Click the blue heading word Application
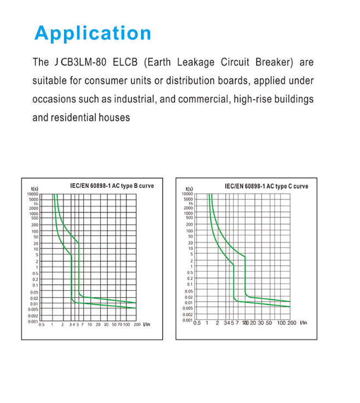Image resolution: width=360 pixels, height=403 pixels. click(92, 33)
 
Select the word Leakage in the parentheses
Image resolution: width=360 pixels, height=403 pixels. click(198, 62)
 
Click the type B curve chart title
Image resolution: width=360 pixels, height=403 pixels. click(112, 186)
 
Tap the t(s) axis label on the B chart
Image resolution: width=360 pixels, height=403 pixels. click(34, 189)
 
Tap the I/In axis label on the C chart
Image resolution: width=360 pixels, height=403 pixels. click(303, 323)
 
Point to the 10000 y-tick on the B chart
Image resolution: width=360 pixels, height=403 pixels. click(33, 194)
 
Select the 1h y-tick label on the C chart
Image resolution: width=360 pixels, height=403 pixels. click(189, 203)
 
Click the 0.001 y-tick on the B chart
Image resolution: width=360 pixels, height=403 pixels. click(33, 321)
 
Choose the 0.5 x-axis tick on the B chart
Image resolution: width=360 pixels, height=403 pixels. click(41, 325)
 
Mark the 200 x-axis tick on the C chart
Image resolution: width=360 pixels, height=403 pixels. click(292, 323)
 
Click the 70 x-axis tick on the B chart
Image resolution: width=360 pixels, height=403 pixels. click(119, 325)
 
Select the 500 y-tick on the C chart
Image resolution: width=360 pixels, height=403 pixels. click(189, 218)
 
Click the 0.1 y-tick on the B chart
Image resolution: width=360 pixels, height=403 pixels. click(35, 285)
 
